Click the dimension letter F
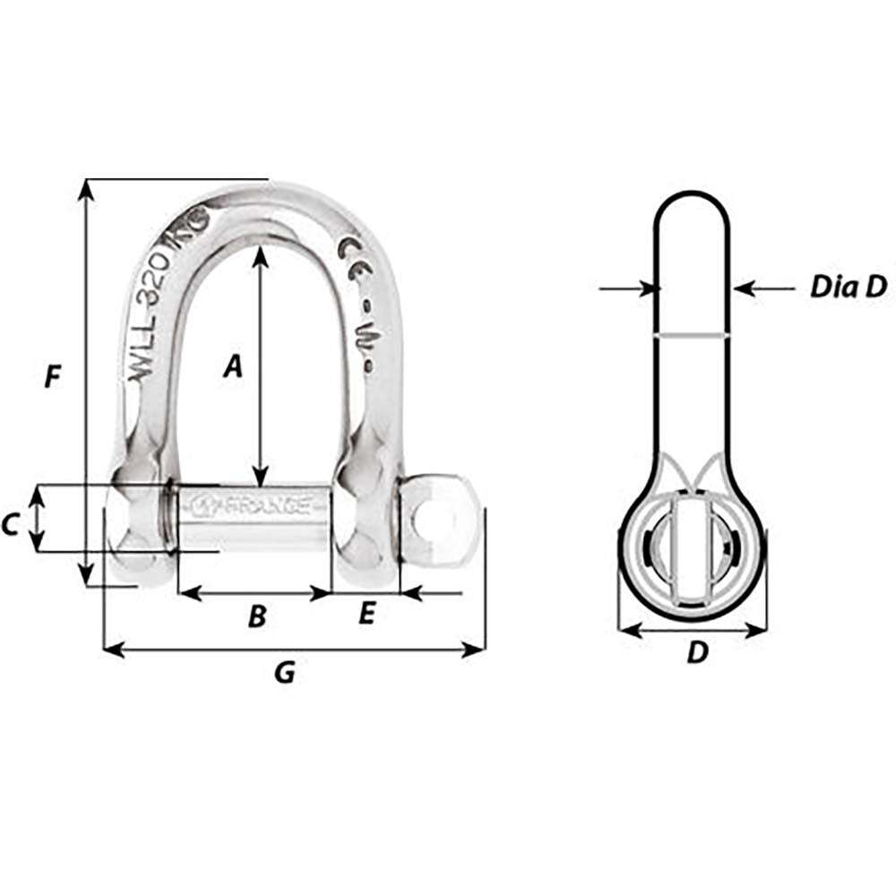pyautogui.click(x=53, y=377)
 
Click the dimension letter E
pyautogui.click(x=366, y=614)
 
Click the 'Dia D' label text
pyautogui.click(x=848, y=287)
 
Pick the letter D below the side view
pyautogui.click(x=697, y=653)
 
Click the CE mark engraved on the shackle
pyautogui.click(x=351, y=254)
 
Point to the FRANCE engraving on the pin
pyautogui.click(x=260, y=504)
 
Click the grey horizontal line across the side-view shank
pyautogui.click(x=693, y=336)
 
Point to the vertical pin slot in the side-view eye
pyautogui.click(x=692, y=553)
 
